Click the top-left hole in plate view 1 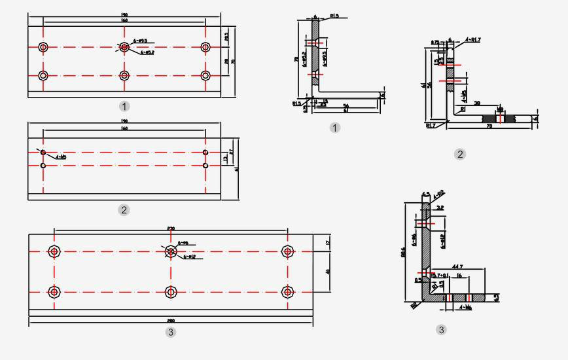[x=43, y=47]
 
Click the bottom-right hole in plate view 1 [x=205, y=75]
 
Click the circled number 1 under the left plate [x=124, y=106]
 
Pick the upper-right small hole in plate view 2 [x=205, y=153]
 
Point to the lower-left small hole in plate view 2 [x=43, y=166]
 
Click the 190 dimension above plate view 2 [x=124, y=122]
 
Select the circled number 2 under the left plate [x=124, y=210]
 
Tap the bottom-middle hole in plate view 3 [x=171, y=292]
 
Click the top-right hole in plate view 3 [x=287, y=251]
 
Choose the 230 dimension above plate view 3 [x=171, y=228]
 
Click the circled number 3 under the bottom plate [x=171, y=333]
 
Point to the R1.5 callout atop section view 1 [x=334, y=15]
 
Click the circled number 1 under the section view [x=335, y=128]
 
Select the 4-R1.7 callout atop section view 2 [x=473, y=40]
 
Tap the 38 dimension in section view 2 [x=477, y=103]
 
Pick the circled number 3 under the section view [x=441, y=330]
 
